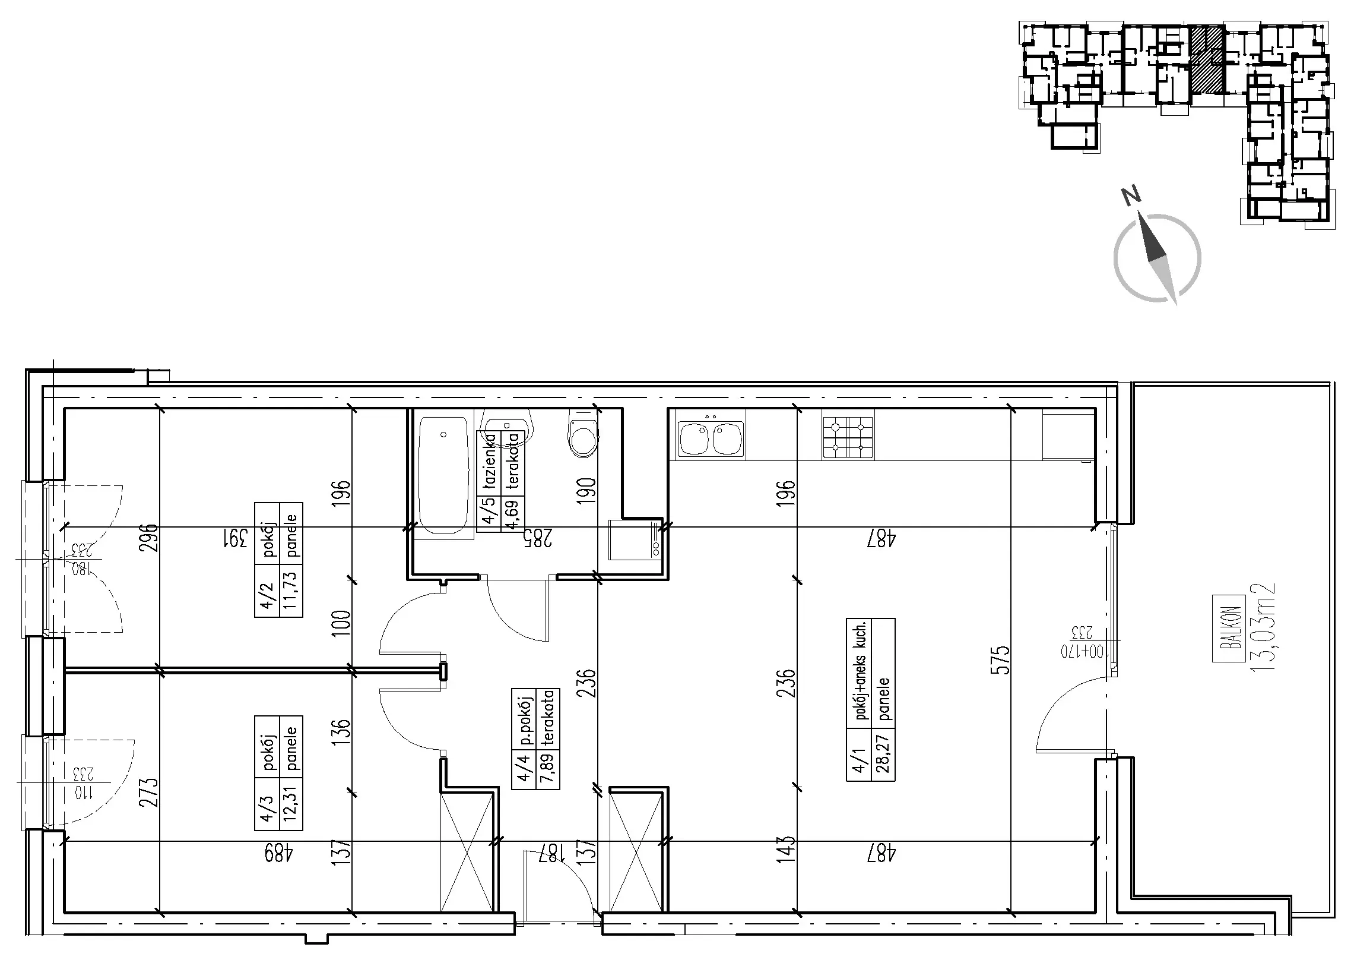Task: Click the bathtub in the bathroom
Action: tap(443, 476)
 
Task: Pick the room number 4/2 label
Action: tap(267, 595)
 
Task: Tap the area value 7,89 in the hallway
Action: tap(547, 770)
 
